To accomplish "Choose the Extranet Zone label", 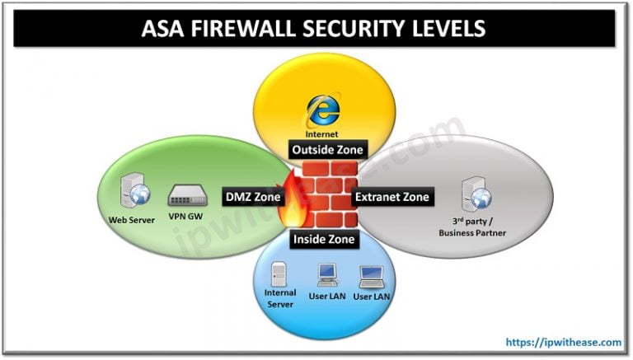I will coord(392,197).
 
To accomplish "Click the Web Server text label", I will coord(134,220).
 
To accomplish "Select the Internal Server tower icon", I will coord(279,275).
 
